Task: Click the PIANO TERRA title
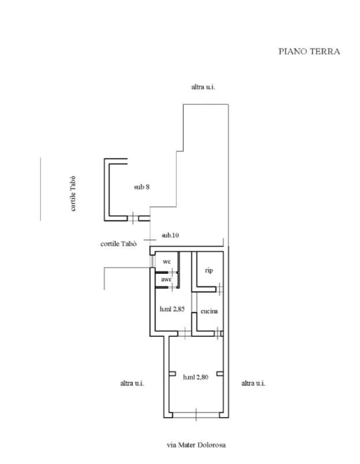pyautogui.click(x=309, y=51)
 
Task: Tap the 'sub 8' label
pyautogui.click(x=142, y=187)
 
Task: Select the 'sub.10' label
pyautogui.click(x=170, y=235)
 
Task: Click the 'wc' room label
pyautogui.click(x=167, y=262)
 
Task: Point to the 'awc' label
pyautogui.click(x=166, y=279)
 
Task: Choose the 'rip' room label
pyautogui.click(x=209, y=270)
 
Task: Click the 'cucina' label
pyautogui.click(x=209, y=311)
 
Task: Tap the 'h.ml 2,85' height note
pyautogui.click(x=172, y=309)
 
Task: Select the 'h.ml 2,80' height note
pyautogui.click(x=195, y=377)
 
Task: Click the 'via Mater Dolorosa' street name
pyautogui.click(x=196, y=445)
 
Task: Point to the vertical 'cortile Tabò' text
pyautogui.click(x=73, y=194)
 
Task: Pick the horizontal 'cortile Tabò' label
pyautogui.click(x=118, y=244)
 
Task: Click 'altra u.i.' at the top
pyautogui.click(x=203, y=87)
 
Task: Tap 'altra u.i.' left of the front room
pyautogui.click(x=132, y=383)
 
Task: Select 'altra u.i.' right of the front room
pyautogui.click(x=254, y=383)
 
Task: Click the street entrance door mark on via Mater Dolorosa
pyautogui.click(x=196, y=414)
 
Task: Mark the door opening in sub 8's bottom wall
pyautogui.click(x=133, y=218)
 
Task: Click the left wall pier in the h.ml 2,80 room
pyautogui.click(x=172, y=374)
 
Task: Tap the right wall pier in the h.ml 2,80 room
pyautogui.click(x=220, y=374)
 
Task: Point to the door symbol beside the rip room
pyautogui.click(x=220, y=289)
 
